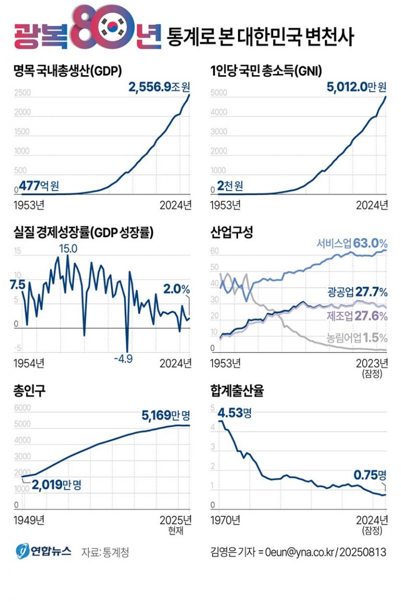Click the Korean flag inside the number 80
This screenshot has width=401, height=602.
[x=111, y=29]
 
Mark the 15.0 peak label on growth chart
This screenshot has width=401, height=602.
[x=68, y=249]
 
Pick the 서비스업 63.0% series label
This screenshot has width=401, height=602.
[x=352, y=243]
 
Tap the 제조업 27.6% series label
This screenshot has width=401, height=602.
[x=357, y=316]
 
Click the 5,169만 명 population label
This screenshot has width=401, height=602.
[x=166, y=416]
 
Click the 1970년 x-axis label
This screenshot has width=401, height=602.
[x=225, y=520]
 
